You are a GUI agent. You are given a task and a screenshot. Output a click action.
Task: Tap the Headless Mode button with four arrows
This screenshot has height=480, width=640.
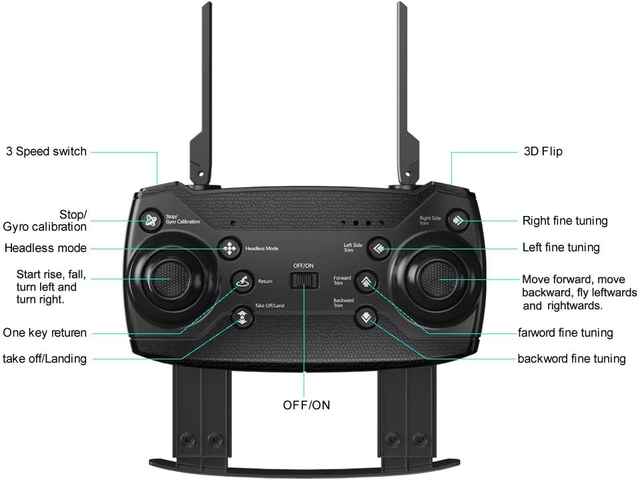click(230, 248)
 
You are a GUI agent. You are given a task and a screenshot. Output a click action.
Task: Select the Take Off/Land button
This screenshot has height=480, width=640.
click(242, 317)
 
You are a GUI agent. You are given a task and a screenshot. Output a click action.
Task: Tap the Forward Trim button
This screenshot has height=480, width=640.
click(366, 281)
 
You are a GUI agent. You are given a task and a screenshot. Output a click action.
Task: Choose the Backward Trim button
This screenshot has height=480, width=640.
click(366, 317)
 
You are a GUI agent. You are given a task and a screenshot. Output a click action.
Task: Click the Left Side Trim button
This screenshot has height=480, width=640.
click(378, 248)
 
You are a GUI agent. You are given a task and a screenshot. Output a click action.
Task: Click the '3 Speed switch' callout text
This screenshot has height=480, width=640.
click(47, 151)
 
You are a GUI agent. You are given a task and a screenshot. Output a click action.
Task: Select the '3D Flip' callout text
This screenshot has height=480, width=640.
click(543, 151)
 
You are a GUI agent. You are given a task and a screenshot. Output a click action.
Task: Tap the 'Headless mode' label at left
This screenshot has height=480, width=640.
click(45, 248)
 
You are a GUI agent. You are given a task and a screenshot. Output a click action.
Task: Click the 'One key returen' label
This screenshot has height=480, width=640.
click(45, 333)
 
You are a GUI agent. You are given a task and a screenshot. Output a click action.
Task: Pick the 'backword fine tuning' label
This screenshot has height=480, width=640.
click(571, 359)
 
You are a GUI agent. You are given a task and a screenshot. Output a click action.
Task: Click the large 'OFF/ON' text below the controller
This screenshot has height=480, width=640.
click(306, 405)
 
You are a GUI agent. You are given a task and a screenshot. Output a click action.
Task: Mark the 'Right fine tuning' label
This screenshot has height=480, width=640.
click(565, 221)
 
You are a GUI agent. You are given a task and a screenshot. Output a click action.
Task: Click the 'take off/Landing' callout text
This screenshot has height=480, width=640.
click(45, 359)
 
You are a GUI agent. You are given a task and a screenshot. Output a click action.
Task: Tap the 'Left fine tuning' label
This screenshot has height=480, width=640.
click(561, 247)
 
